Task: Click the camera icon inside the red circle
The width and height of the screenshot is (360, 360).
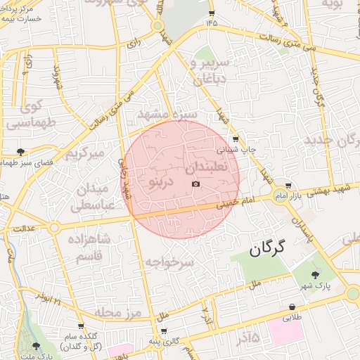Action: tap(195, 184)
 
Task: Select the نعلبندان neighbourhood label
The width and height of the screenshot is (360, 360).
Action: tap(209, 169)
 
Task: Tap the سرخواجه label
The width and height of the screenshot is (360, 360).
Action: tap(169, 262)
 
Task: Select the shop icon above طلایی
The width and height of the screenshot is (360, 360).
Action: tap(291, 307)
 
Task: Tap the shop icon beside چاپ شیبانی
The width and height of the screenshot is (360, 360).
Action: tap(235, 139)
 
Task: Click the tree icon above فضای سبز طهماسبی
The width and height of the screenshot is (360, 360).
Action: tap(22, 151)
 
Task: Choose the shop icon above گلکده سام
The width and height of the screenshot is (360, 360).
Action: tap(81, 326)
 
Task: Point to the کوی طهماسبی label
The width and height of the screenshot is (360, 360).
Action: tap(29, 115)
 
